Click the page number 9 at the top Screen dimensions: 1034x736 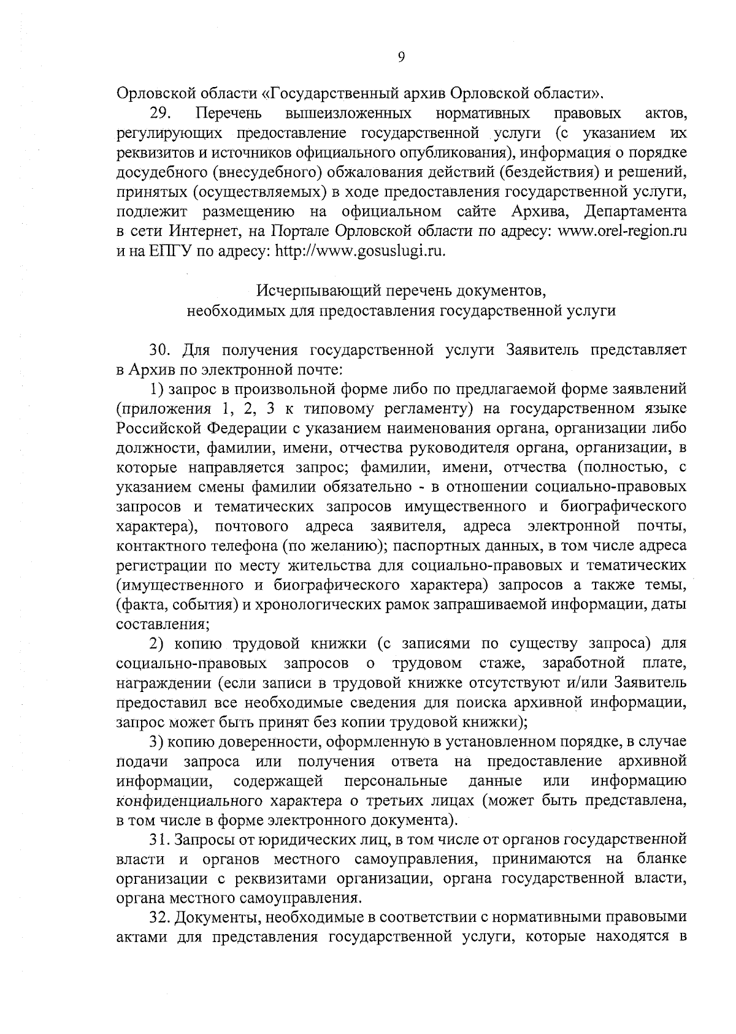(401, 58)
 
